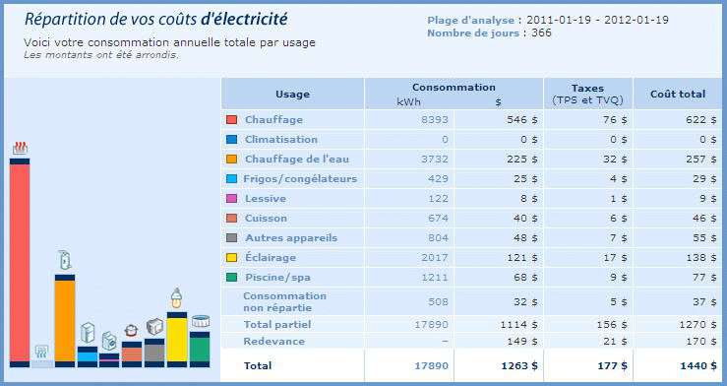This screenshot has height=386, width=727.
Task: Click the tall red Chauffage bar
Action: coord(21,261)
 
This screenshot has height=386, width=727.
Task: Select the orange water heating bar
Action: coord(65,320)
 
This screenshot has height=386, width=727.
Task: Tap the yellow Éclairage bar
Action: coord(176,339)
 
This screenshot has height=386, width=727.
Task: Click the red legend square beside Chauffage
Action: coord(231,119)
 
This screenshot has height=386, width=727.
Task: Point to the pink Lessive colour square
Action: coord(231,198)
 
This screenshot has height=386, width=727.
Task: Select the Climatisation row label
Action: coord(281,139)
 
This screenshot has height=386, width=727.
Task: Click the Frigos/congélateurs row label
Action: coord(301,178)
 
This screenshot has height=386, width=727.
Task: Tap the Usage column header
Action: coord(292,95)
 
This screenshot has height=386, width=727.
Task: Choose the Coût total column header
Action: coord(678,95)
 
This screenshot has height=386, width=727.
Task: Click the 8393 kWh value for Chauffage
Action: coord(434,119)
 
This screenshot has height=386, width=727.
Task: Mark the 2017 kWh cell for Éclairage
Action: coord(434,257)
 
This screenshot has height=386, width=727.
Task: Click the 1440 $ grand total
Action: coord(700,365)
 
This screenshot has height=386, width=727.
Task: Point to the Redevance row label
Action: coord(274,341)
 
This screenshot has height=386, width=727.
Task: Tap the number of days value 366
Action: coord(541,32)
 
